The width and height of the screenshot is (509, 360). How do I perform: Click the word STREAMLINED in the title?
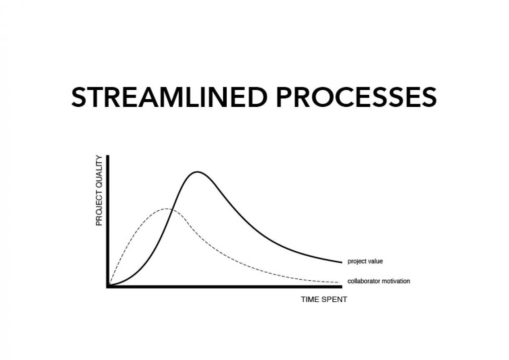170,97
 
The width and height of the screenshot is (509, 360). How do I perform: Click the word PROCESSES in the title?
356,97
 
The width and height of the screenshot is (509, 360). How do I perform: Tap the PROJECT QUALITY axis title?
99,190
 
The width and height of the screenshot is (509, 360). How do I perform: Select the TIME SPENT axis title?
324,300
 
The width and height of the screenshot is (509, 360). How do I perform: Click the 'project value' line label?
365,261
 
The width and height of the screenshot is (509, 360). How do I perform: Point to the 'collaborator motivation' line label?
379,281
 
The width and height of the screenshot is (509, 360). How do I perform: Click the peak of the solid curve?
197,172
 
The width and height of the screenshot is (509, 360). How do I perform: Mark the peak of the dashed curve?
167,208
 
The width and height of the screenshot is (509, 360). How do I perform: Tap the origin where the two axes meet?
108,287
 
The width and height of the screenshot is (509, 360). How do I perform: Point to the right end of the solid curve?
341,262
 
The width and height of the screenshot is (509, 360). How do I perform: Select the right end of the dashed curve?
339,282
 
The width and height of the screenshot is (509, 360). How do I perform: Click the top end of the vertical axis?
108,156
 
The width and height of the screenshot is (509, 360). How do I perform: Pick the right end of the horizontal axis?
341,287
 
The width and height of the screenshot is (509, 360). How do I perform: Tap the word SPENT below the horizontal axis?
335,300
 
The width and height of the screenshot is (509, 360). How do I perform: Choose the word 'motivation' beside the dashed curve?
396,281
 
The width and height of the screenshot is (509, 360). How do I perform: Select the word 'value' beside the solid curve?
375,261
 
